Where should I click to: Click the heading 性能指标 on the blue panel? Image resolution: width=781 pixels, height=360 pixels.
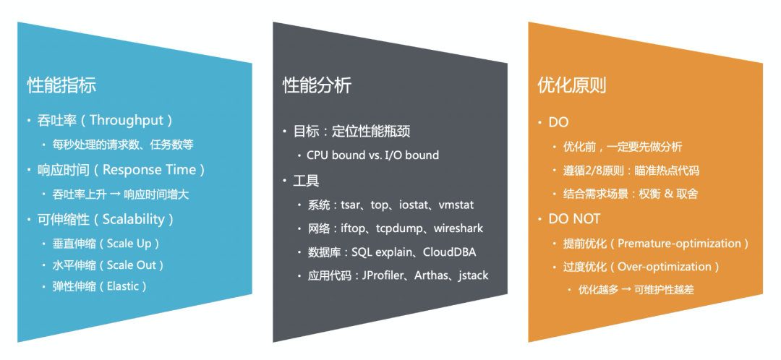coord(61,85)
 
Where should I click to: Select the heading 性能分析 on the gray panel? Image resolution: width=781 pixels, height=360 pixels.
coord(317,85)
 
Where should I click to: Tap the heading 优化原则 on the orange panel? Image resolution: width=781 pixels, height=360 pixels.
coord(572,85)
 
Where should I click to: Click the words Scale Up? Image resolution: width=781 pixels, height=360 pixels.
coord(134,243)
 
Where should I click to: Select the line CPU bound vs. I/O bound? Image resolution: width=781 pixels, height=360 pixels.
coord(372,155)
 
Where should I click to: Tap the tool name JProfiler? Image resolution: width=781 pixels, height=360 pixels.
coord(396,275)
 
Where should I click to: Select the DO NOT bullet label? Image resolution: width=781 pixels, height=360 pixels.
coord(574,218)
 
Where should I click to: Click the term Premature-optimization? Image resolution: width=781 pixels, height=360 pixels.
coord(680,244)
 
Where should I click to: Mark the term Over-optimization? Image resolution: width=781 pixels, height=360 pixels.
coord(664,267)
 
